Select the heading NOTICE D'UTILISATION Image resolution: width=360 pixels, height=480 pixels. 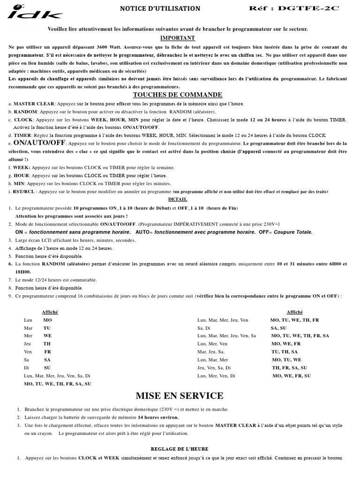[160, 8]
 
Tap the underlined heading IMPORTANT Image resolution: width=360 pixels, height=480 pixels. [178, 38]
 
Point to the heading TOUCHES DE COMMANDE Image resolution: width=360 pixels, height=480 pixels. [178, 95]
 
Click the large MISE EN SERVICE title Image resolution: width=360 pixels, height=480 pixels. [180, 396]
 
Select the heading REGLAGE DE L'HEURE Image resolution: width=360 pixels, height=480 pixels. [180, 449]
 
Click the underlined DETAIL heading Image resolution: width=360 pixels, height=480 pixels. [178, 199]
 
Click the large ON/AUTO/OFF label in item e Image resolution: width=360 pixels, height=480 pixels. [39, 142]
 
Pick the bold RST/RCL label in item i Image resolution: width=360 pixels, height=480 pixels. [24, 191]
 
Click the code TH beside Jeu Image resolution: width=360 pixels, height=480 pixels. [47, 344]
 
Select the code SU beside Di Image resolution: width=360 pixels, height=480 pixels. [47, 367]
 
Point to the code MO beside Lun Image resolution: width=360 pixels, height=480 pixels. [47, 320]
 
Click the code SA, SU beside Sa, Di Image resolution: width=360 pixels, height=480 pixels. [278, 328]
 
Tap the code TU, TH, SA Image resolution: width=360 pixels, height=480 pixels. [285, 352]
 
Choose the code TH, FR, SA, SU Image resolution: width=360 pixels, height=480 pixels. [290, 367]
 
